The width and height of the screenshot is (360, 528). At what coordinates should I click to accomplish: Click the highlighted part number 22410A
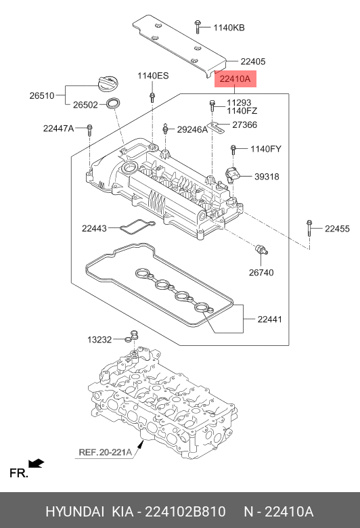coord(235,79)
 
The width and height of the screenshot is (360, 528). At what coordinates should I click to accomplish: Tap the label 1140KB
coord(229,28)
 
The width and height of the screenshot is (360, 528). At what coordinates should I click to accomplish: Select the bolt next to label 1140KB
coord(198,26)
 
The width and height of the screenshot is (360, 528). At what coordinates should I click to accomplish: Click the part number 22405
coord(253,62)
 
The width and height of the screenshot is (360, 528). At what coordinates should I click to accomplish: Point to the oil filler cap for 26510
coord(108,83)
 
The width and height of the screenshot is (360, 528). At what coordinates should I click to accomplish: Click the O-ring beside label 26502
coord(112,104)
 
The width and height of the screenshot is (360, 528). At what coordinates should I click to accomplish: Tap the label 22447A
coord(58,129)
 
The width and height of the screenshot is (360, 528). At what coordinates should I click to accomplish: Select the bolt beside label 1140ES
coord(152,96)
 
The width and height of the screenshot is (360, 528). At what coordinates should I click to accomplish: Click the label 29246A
coord(192,129)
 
